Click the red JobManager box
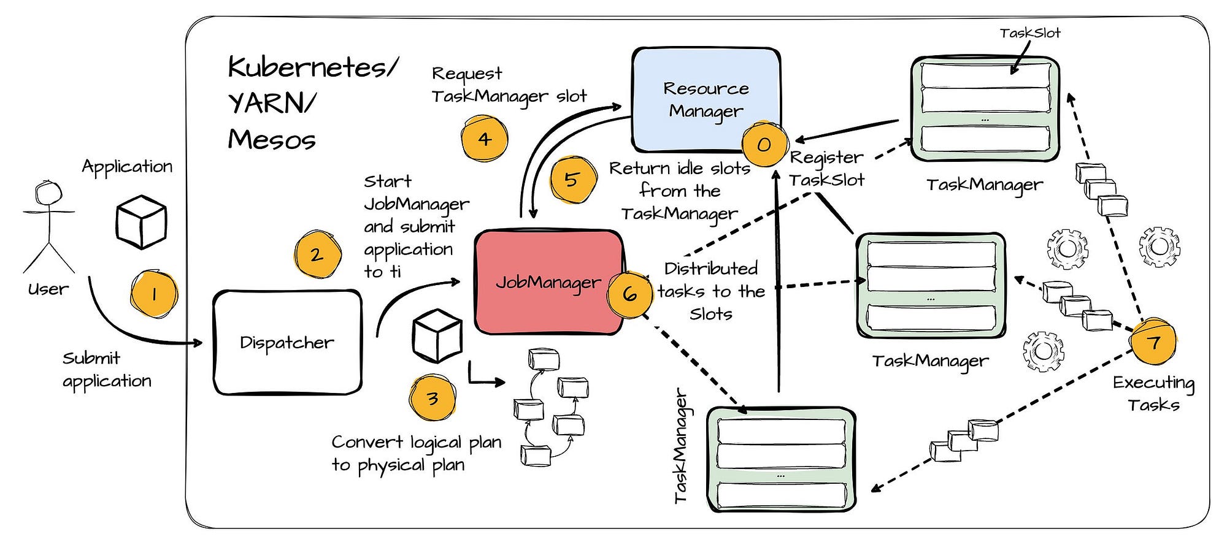pos(549,282)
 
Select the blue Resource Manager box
pos(706,99)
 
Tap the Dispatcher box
pos(287,342)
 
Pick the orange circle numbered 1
pos(153,294)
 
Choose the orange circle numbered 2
pos(317,255)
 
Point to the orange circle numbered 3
pos(433,399)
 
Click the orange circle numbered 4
pos(485,139)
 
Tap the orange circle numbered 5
pos(572,180)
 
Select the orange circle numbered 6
pos(630,294)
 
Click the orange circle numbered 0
pos(764,143)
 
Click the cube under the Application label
pos(142,222)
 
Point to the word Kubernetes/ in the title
pos(313,67)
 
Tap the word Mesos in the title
pos(272,139)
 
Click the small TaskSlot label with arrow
pos(1030,33)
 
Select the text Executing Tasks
pos(1154,394)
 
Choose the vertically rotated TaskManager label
pos(681,446)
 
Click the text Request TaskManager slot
pos(509,86)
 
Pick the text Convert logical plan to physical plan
pos(417,454)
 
